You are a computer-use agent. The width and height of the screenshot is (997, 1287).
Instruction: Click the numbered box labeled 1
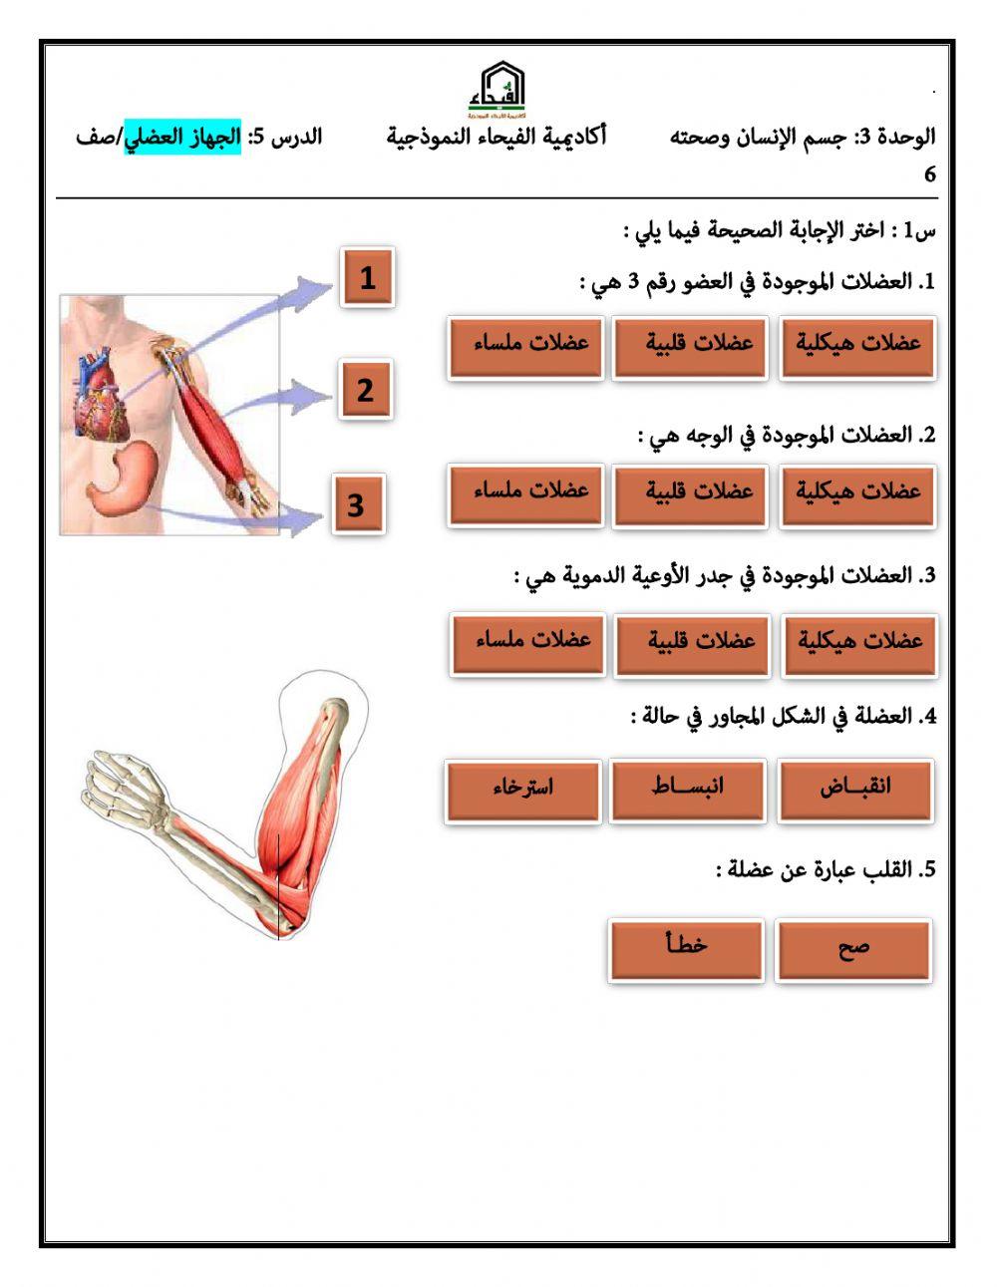pyautogui.click(x=367, y=277)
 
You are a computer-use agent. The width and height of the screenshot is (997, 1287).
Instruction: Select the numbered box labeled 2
pyautogui.click(x=365, y=390)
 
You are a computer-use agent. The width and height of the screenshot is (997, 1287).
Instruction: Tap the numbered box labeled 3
pyautogui.click(x=357, y=505)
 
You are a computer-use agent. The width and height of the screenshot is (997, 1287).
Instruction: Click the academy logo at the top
pyautogui.click(x=497, y=89)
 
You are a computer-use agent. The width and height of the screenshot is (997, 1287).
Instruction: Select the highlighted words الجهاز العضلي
pyautogui.click(x=181, y=137)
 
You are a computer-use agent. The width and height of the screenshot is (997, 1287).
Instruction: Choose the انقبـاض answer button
pyautogui.click(x=855, y=790)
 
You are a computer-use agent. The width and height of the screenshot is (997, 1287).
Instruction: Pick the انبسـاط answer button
pyautogui.click(x=688, y=790)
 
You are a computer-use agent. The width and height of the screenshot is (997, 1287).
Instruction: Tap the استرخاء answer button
pyautogui.click(x=523, y=790)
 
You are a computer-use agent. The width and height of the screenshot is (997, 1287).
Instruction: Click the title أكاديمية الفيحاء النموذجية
pyautogui.click(x=497, y=137)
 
